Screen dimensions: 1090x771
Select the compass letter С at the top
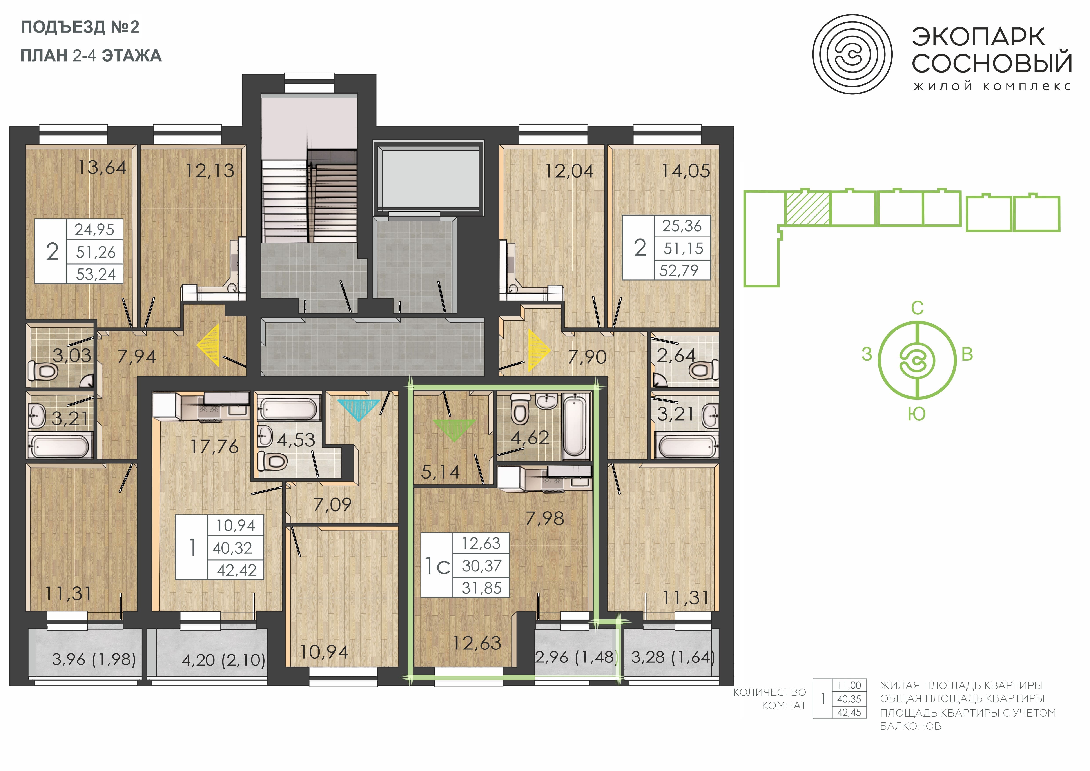click(x=917, y=308)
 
